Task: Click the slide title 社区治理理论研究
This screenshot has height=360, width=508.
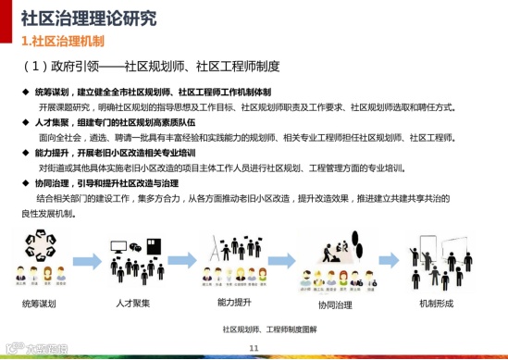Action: [88, 18]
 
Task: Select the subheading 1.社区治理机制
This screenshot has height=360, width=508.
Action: [62, 41]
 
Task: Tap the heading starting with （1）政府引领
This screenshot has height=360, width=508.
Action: [155, 68]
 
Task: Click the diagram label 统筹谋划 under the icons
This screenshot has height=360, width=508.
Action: [41, 304]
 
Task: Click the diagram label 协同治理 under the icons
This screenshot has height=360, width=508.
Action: [337, 304]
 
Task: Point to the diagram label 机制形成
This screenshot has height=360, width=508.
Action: [437, 304]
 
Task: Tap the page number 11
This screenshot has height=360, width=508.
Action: [254, 348]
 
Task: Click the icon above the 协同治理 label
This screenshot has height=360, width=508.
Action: [342, 253]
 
